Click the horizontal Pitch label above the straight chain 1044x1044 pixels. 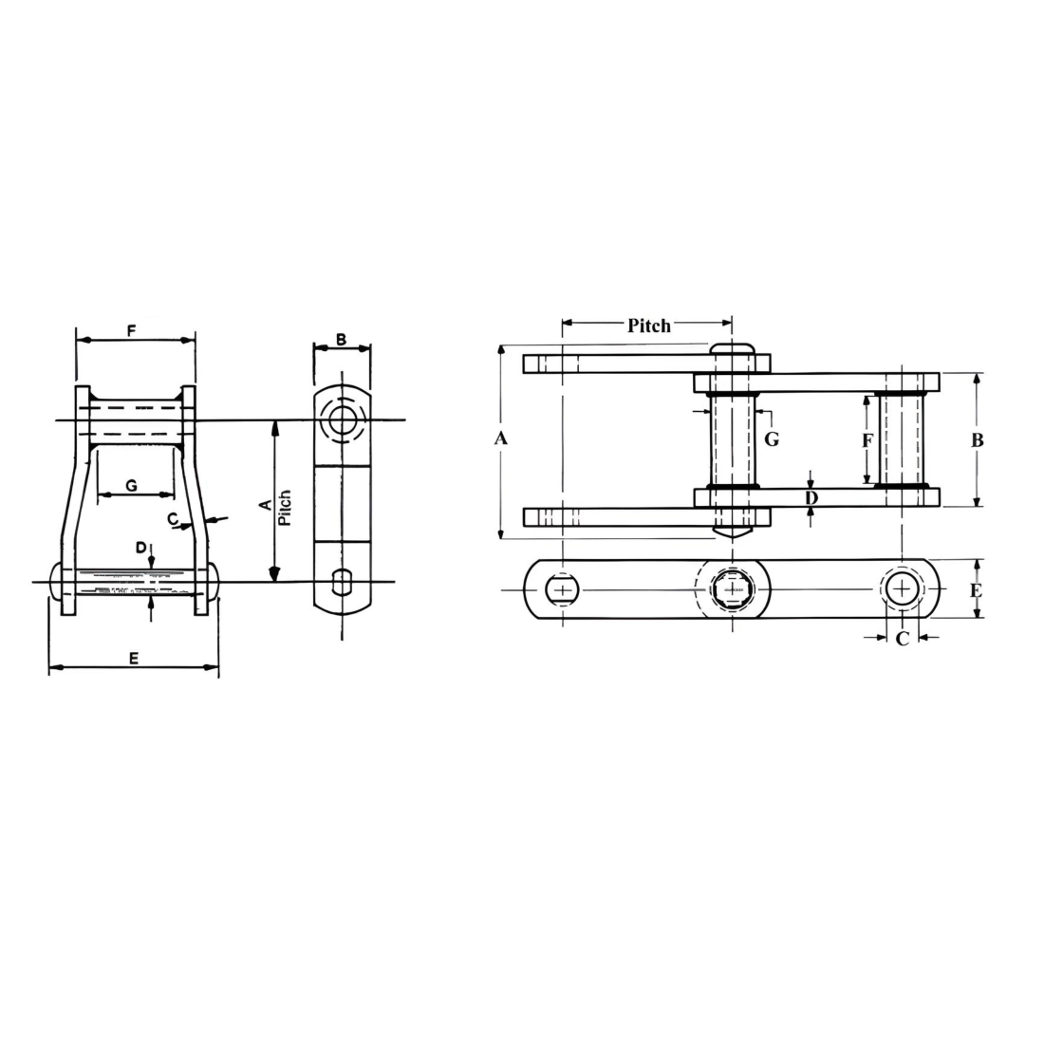coord(649,326)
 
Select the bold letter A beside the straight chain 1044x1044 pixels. coord(502,438)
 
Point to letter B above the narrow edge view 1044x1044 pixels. coord(342,339)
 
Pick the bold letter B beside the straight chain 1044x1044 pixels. coord(978,439)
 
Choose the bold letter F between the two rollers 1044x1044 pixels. coord(866,440)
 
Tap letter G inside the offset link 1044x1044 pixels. coord(132,485)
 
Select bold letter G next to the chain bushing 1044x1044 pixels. coord(772,439)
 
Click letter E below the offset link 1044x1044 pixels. coord(133,658)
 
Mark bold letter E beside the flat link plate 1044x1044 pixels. coord(976,590)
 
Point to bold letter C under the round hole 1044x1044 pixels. coord(902,639)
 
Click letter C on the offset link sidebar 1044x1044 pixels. coord(173,519)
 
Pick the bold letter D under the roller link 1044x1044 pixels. coord(811,498)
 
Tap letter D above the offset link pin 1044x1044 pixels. coord(140,548)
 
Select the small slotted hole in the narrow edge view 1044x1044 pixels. coord(342,579)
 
